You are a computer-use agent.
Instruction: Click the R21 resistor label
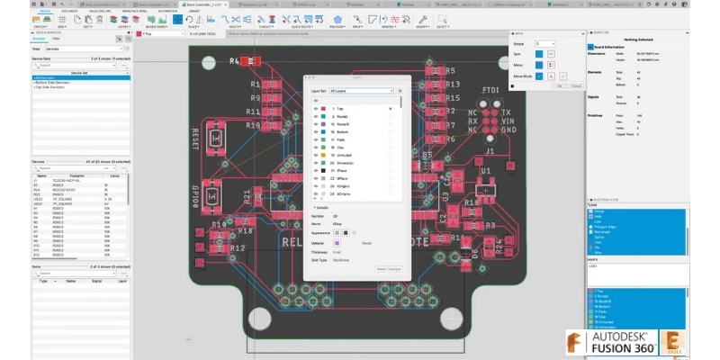point(247,198)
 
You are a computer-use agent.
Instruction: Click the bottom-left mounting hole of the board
point(259,316)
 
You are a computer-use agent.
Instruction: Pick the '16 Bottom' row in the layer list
point(346,131)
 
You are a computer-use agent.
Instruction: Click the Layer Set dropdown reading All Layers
point(361,91)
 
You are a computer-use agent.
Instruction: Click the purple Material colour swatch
point(337,242)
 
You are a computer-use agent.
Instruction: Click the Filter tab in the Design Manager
point(57,39)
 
